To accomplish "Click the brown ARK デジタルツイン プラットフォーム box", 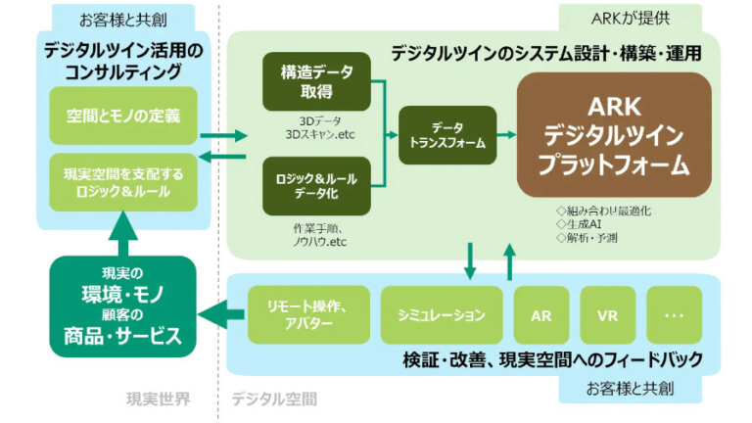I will coord(614,135).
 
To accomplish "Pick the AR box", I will coord(541,315).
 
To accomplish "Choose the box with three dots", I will coord(675,315).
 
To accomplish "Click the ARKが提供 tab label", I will coord(629,17).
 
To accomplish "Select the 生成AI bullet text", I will coord(579,223).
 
